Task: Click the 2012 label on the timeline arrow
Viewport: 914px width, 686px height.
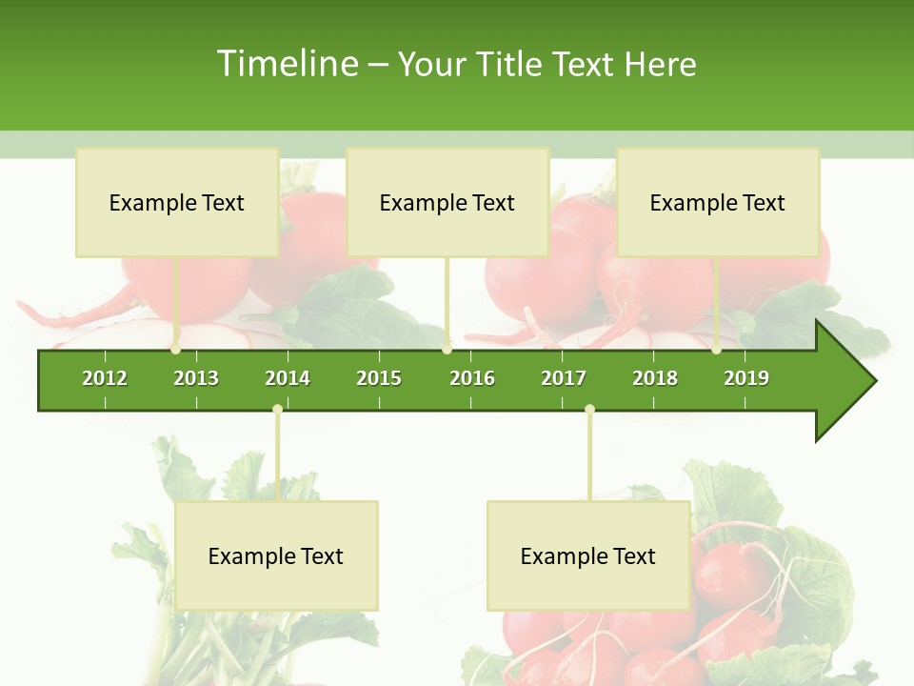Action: pyautogui.click(x=105, y=378)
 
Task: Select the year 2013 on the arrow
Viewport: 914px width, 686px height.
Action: pyautogui.click(x=196, y=378)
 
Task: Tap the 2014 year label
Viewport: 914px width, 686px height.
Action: pyautogui.click(x=288, y=378)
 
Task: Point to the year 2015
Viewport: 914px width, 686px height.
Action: pyautogui.click(x=379, y=378)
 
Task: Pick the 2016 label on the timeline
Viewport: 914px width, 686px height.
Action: pyautogui.click(x=472, y=378)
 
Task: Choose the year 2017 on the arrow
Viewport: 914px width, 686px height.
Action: pyautogui.click(x=564, y=378)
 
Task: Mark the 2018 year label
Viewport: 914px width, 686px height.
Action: pyautogui.click(x=655, y=378)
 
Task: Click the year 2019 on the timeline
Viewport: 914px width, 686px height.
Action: pyautogui.click(x=746, y=378)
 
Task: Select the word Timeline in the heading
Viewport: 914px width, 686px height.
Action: pyautogui.click(x=287, y=64)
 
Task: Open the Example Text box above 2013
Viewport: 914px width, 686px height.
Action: pyautogui.click(x=177, y=202)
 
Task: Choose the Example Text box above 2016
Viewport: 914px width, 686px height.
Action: pyautogui.click(x=447, y=202)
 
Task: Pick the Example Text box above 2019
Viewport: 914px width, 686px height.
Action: pyautogui.click(x=718, y=202)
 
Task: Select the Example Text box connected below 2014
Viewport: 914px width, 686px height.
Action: pyautogui.click(x=276, y=555)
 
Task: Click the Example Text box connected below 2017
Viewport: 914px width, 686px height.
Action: pyautogui.click(x=588, y=555)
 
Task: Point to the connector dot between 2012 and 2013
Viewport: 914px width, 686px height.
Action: pyautogui.click(x=176, y=350)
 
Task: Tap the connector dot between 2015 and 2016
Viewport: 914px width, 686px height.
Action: pyautogui.click(x=447, y=350)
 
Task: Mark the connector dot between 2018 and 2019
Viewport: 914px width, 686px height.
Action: pyautogui.click(x=717, y=350)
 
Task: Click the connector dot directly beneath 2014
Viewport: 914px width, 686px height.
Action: pyautogui.click(x=277, y=410)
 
